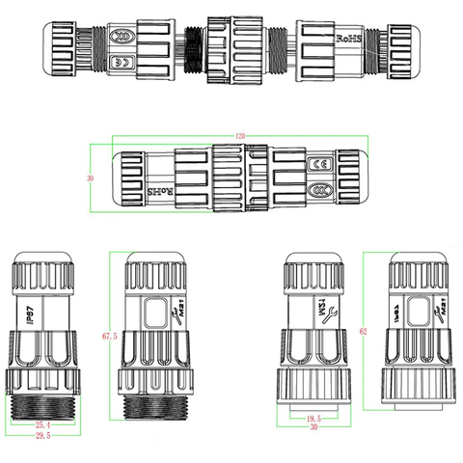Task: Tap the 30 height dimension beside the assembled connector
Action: coord(90,178)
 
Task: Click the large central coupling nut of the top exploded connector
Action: coord(231,40)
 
